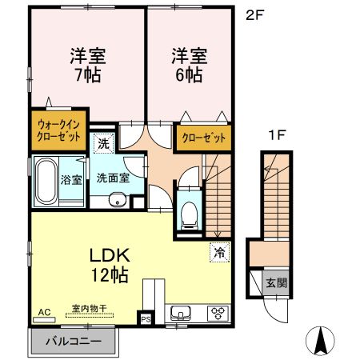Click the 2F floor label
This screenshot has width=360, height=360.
(x=256, y=14)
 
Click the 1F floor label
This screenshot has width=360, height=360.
(x=277, y=136)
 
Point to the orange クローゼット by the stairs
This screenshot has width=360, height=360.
(x=205, y=137)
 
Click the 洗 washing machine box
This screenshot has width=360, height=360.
(x=103, y=144)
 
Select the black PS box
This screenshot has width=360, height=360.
(x=145, y=318)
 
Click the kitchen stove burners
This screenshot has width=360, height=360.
(x=217, y=312)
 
